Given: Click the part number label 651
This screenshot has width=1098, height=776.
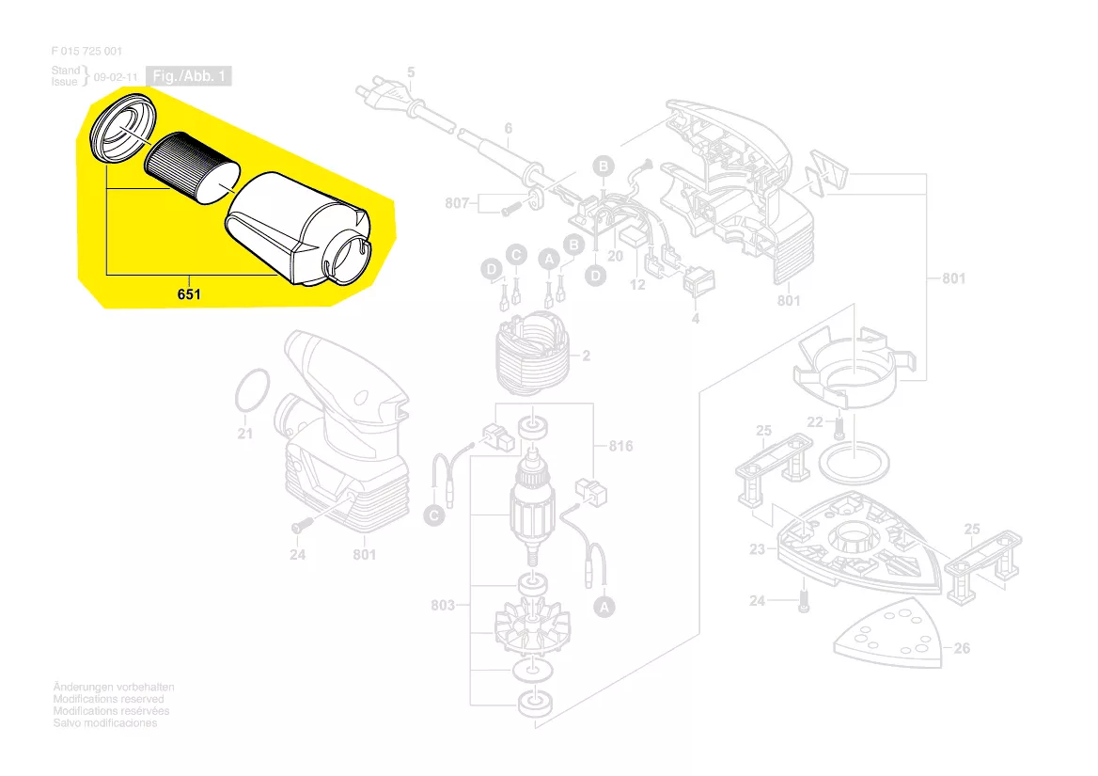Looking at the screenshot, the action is click(x=189, y=294).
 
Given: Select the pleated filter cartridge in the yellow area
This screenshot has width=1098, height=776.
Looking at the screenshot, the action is click(x=192, y=169).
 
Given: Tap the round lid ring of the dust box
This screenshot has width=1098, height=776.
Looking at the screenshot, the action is click(x=122, y=128).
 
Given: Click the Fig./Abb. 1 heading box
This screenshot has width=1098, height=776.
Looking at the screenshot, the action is click(x=188, y=75).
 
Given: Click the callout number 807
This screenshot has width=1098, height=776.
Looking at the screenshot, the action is click(x=457, y=203).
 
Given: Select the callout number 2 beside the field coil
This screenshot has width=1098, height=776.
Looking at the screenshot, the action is click(x=586, y=356).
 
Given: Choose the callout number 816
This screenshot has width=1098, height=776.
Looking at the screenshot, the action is click(x=620, y=446).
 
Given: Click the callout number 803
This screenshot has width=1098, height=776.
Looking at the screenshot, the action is click(x=443, y=605).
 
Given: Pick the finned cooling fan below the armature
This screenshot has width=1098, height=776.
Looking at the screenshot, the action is click(x=533, y=626).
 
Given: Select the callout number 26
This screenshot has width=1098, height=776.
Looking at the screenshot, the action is click(x=962, y=648).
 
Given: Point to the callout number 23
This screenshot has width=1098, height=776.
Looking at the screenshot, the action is click(x=757, y=549).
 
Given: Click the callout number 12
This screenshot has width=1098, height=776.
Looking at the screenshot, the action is click(x=637, y=284).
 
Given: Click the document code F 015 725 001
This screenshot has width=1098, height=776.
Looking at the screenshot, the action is click(x=86, y=51).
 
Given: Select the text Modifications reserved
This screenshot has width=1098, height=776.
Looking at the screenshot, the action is click(x=108, y=699).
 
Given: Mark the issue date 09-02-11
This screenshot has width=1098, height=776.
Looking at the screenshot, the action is click(x=116, y=77).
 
